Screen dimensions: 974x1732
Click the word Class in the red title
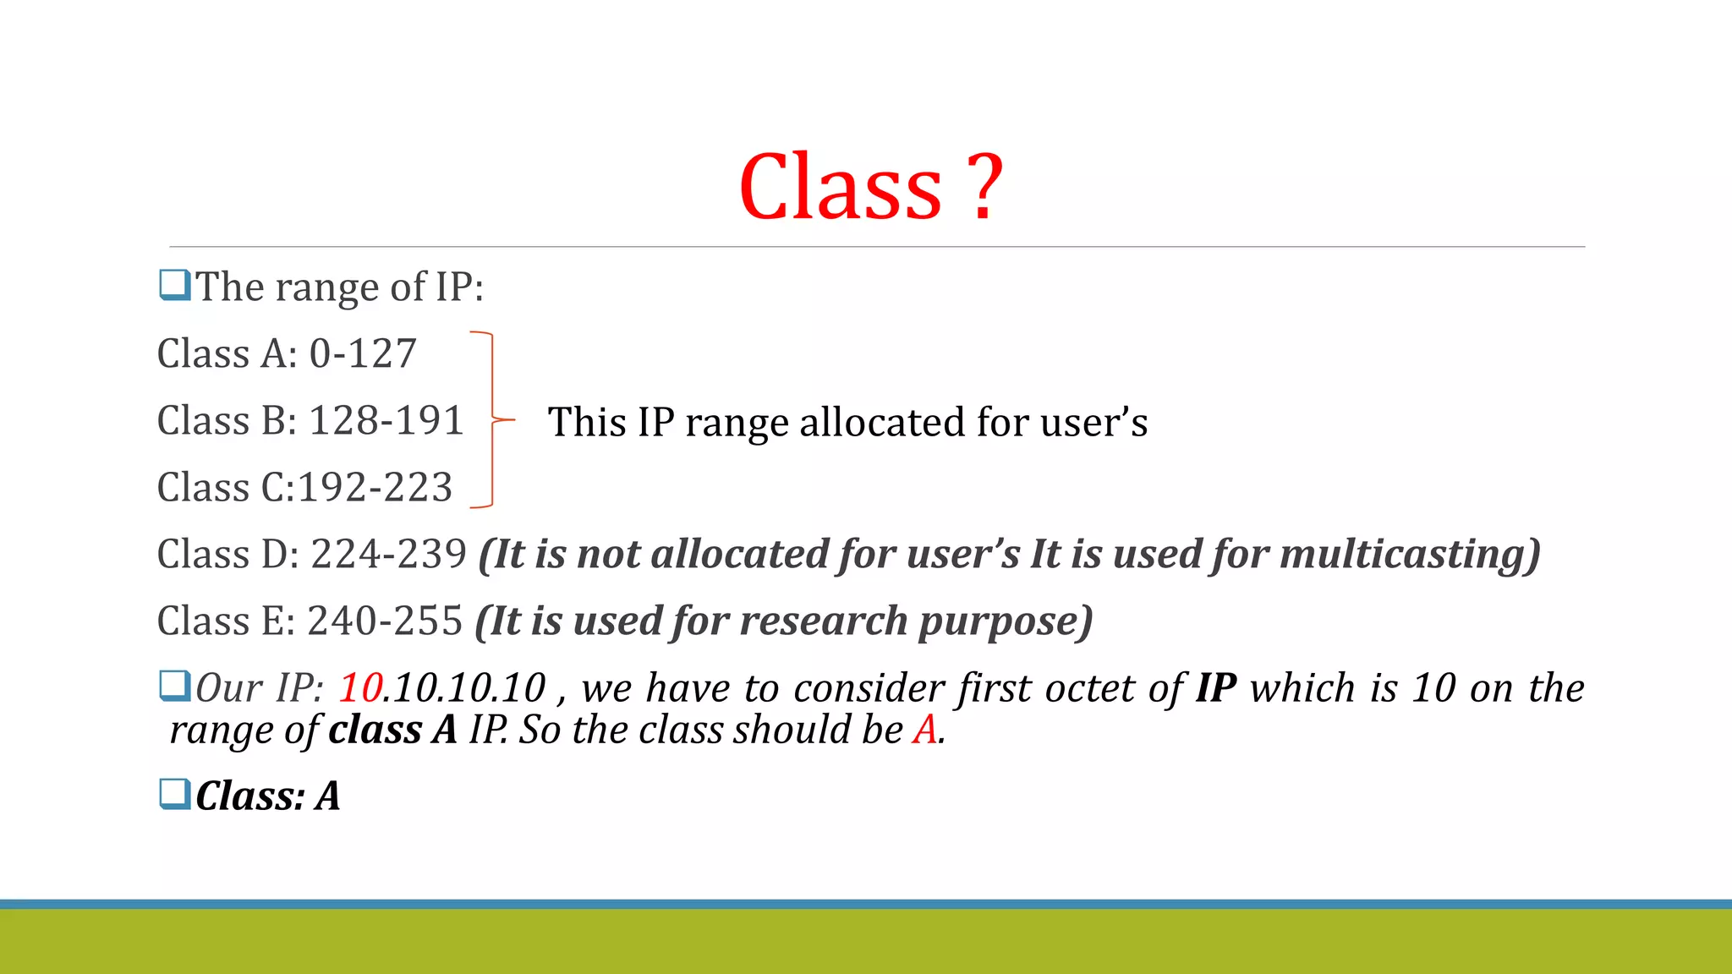coord(840,188)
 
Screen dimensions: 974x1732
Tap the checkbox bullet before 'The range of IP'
coord(175,285)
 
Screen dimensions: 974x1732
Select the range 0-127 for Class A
coord(363,353)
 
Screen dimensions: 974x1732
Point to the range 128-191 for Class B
coord(386,420)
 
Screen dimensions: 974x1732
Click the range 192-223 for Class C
coord(375,487)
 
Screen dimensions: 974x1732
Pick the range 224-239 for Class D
coord(389,555)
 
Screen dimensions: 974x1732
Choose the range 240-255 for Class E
coord(385,621)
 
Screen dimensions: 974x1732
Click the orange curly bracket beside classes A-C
coord(492,419)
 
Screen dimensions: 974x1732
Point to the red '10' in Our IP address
coord(361,687)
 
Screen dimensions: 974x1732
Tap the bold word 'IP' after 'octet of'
coord(1216,687)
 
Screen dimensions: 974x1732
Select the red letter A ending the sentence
coord(925,730)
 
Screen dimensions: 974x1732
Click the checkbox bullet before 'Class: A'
coord(175,794)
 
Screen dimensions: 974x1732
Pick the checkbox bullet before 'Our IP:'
coord(175,686)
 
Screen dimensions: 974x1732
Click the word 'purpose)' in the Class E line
coord(1006,621)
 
